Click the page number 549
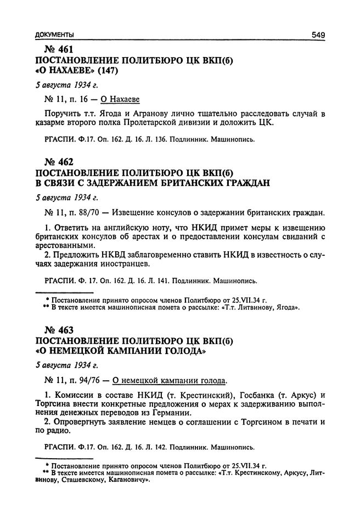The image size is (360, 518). coord(318,35)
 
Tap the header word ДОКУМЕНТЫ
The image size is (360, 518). coord(52,35)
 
